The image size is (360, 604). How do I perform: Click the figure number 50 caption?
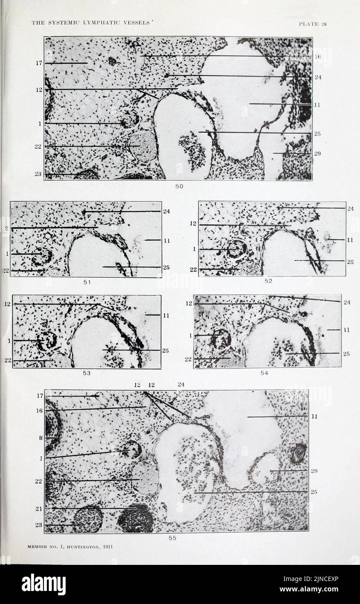tap(179, 186)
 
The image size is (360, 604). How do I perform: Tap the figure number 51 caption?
tap(87, 282)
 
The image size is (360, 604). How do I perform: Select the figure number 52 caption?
tap(268, 281)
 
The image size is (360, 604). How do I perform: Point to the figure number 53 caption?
tap(87, 373)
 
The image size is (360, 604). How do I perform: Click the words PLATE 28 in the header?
tap(313, 24)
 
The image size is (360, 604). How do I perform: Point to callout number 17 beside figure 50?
tap(39, 63)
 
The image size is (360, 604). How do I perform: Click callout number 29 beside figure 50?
tap(317, 153)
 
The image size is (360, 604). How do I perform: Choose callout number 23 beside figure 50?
tap(38, 174)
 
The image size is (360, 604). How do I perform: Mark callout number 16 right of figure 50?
tap(317, 56)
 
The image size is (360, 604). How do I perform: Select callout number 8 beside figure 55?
tap(41, 438)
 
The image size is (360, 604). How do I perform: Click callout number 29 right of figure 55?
tap(314, 471)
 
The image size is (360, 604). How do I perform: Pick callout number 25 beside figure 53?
tap(166, 350)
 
